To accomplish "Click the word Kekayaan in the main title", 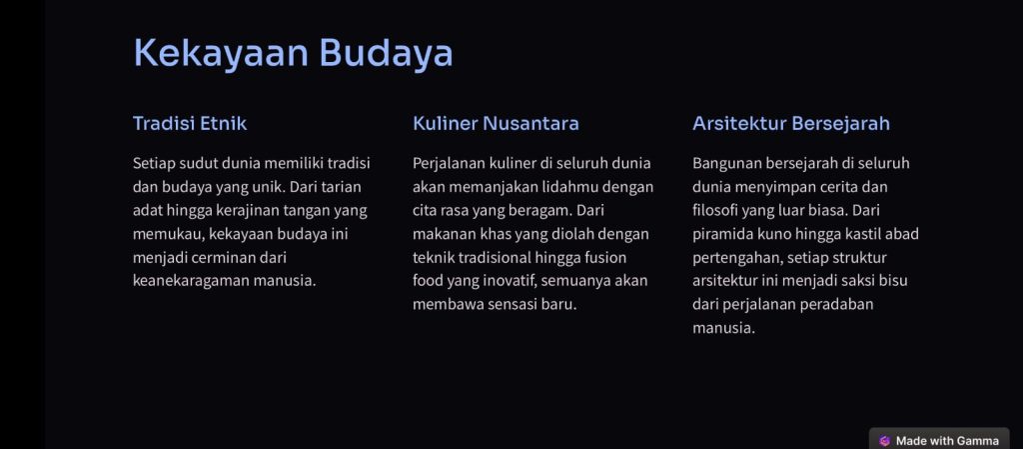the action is click(x=221, y=53).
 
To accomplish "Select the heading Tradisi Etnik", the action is click(x=190, y=123).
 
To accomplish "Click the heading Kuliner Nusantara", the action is click(x=496, y=123).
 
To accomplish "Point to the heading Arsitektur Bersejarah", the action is click(x=791, y=123).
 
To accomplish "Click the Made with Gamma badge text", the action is click(x=947, y=441).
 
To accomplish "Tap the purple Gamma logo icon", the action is click(x=885, y=441).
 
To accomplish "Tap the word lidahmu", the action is click(x=568, y=187).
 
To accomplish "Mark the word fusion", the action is click(x=604, y=257).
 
